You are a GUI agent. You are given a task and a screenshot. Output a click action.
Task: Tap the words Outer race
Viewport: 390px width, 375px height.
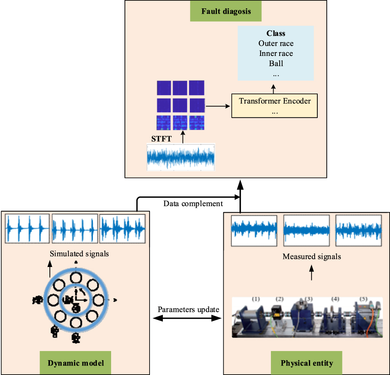coord(276,43)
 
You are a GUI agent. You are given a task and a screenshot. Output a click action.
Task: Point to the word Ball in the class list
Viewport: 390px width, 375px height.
coord(276,63)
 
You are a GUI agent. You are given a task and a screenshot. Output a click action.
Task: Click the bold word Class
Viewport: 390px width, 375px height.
coord(276,33)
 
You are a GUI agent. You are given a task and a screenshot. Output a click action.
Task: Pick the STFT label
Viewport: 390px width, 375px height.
coord(161,139)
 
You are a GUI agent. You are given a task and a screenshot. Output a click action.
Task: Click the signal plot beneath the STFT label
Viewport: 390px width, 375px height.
coord(181,157)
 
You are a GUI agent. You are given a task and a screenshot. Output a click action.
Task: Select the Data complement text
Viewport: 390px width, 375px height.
coord(193,204)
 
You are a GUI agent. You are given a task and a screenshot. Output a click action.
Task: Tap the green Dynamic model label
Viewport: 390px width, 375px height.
coord(76,363)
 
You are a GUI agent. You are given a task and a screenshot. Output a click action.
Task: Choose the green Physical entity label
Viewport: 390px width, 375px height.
coord(307,363)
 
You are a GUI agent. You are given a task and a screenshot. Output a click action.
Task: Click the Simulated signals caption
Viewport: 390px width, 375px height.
coord(79,253)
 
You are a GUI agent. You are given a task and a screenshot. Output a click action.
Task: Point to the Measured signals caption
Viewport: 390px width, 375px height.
coord(312,257)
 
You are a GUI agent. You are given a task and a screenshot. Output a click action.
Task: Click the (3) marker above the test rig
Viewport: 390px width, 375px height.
coord(308,299)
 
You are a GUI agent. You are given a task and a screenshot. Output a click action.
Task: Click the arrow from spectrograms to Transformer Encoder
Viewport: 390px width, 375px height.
coord(218,106)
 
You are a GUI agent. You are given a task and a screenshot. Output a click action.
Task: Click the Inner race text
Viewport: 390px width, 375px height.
coord(276,53)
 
